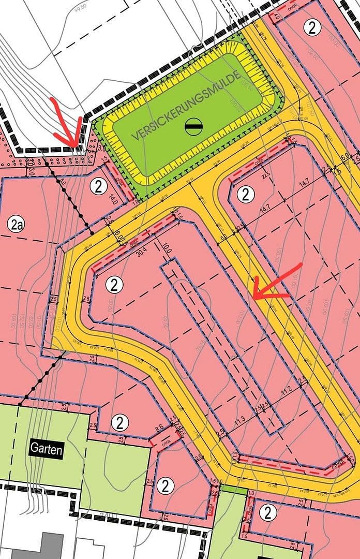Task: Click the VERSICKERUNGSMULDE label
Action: (x=187, y=107)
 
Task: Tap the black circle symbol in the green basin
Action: (x=193, y=126)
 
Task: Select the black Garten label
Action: (x=46, y=449)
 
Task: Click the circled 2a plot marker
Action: (x=16, y=224)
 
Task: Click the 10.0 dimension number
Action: (x=166, y=249)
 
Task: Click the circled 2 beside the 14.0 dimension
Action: (x=98, y=186)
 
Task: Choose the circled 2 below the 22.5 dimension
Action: (x=246, y=194)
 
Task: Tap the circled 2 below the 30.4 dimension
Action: (x=114, y=284)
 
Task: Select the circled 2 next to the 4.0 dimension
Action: (x=312, y=27)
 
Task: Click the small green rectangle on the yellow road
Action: (x=230, y=488)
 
